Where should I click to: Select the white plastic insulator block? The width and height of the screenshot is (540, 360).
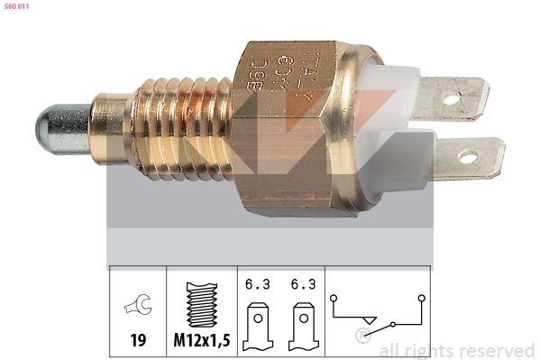[392, 126]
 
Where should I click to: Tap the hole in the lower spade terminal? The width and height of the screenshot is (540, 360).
[468, 157]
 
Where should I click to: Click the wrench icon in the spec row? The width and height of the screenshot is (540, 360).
[138, 307]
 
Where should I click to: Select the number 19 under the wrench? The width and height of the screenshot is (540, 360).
[138, 341]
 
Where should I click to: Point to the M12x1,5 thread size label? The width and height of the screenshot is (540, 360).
[201, 341]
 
